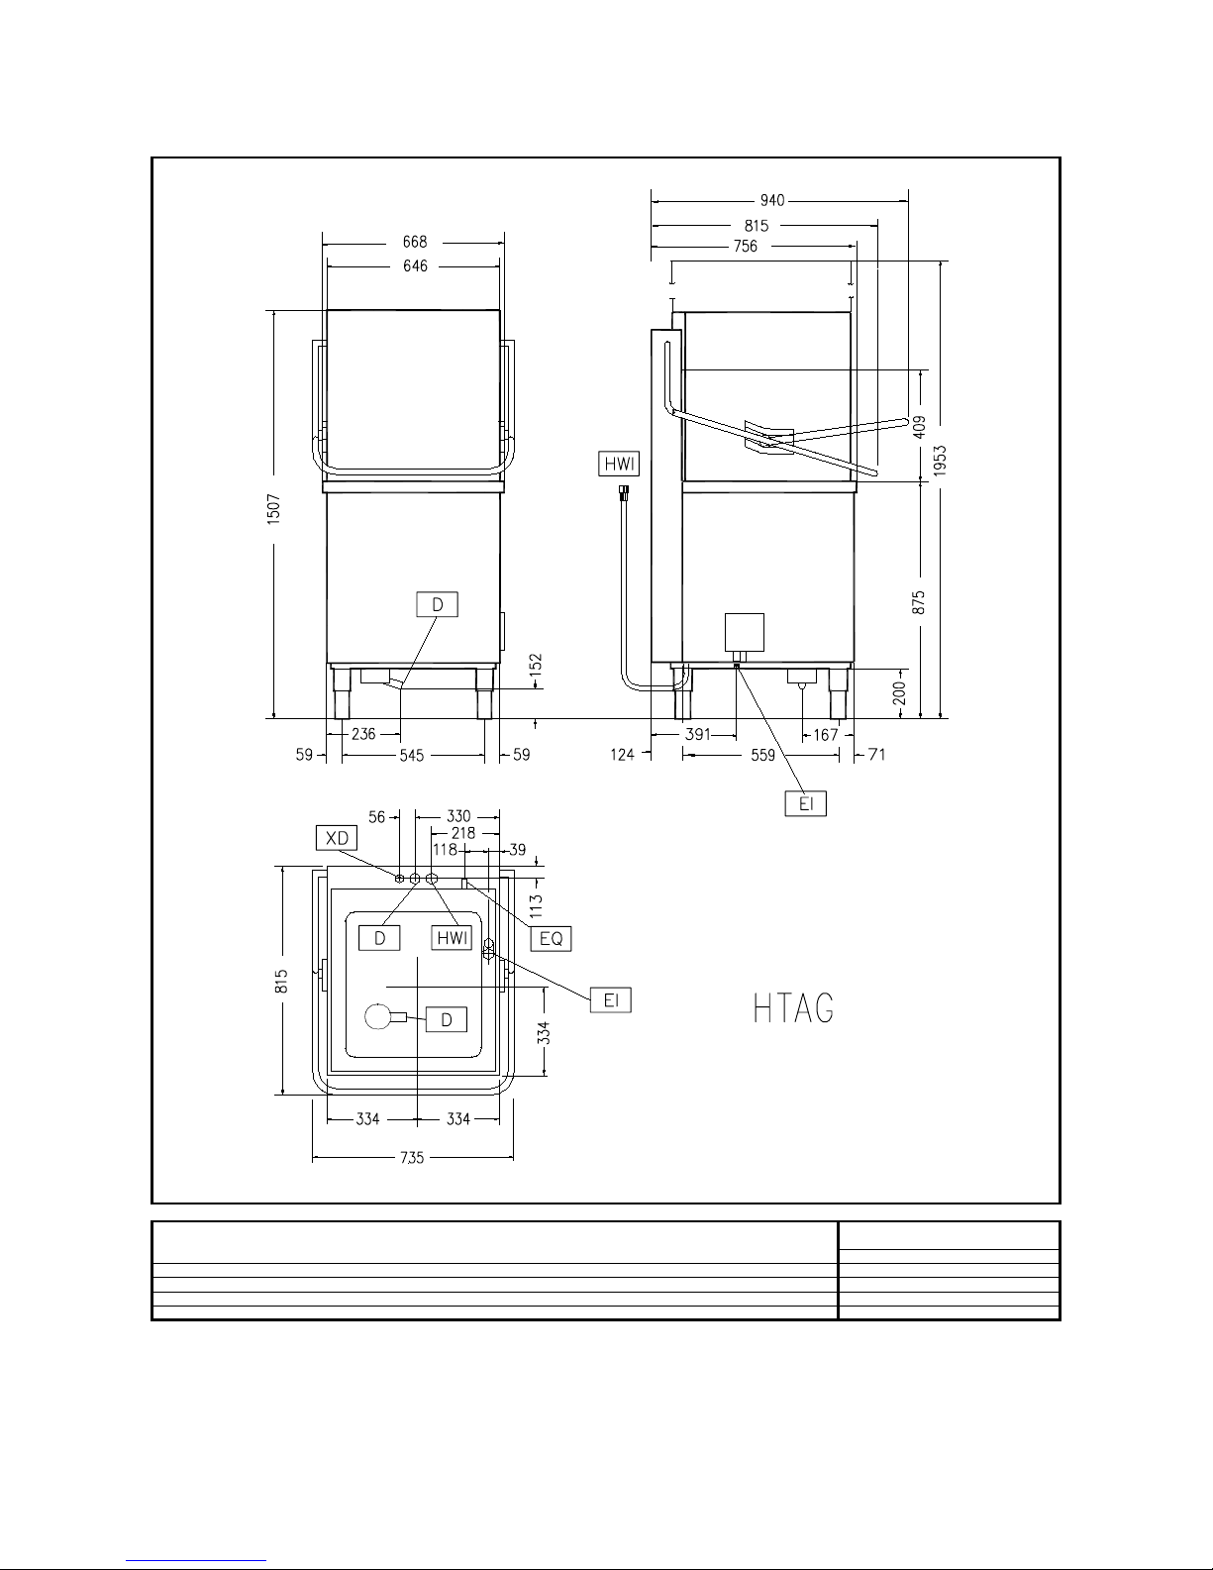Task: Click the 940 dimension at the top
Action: pyautogui.click(x=771, y=200)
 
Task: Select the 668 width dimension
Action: pyautogui.click(x=415, y=242)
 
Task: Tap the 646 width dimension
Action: pyautogui.click(x=415, y=265)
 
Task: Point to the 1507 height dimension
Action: pyautogui.click(x=273, y=509)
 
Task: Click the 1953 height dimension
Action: pyautogui.click(x=940, y=461)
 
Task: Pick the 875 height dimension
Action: pyautogui.click(x=919, y=602)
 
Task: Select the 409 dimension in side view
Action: pyautogui.click(x=919, y=426)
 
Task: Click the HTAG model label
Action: pyautogui.click(x=793, y=1007)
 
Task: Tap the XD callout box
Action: pyautogui.click(x=337, y=837)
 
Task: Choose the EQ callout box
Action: pyautogui.click(x=551, y=938)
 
